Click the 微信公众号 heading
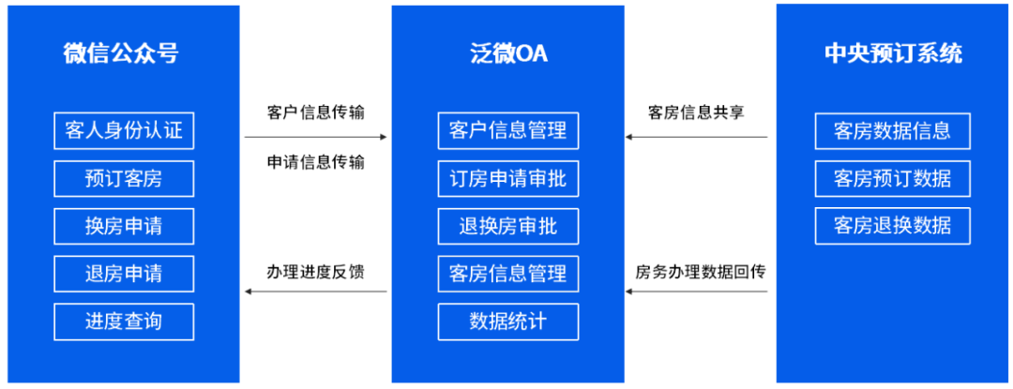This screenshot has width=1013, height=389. (122, 53)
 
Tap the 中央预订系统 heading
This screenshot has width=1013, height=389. (892, 53)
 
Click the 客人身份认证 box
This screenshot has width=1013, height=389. (124, 130)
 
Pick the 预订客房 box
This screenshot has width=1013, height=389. (124, 178)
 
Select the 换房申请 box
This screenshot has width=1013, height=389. (124, 226)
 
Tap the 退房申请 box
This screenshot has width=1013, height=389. (124, 274)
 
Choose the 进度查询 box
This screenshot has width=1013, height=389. (124, 322)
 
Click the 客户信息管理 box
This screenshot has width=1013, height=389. (507, 130)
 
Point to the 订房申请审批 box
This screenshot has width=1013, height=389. (507, 178)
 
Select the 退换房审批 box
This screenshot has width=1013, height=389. (507, 226)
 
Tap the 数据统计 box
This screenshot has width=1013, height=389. (507, 322)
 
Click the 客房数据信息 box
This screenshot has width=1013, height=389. (892, 130)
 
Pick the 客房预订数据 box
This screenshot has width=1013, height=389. (892, 178)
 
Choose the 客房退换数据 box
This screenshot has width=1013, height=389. (892, 226)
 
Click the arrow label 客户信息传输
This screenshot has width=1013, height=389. (315, 112)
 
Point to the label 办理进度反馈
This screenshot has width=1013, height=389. (315, 272)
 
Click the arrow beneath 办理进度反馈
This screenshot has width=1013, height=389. (315, 292)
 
